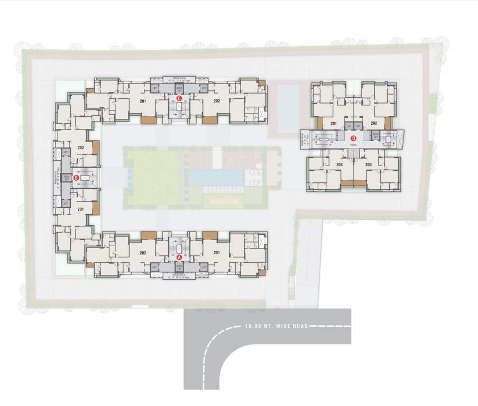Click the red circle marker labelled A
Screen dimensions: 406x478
(x=179, y=257)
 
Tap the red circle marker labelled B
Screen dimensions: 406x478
(x=76, y=178)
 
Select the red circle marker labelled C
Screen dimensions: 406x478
(x=179, y=98)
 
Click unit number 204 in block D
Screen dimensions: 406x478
(x=339, y=164)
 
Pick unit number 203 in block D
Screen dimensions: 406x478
(x=369, y=164)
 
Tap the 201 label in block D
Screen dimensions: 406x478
(x=333, y=123)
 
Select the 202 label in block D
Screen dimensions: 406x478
(x=374, y=123)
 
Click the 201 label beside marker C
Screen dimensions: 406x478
(x=143, y=100)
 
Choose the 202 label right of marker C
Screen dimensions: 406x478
(x=216, y=100)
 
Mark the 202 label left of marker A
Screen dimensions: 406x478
(x=143, y=253)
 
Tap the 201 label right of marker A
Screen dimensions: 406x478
(x=216, y=253)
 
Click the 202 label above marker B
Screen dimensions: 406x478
(x=81, y=147)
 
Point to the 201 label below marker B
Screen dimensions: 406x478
(x=81, y=209)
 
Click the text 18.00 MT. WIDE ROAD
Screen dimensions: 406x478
(x=272, y=327)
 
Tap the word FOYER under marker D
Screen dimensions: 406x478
(x=354, y=143)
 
